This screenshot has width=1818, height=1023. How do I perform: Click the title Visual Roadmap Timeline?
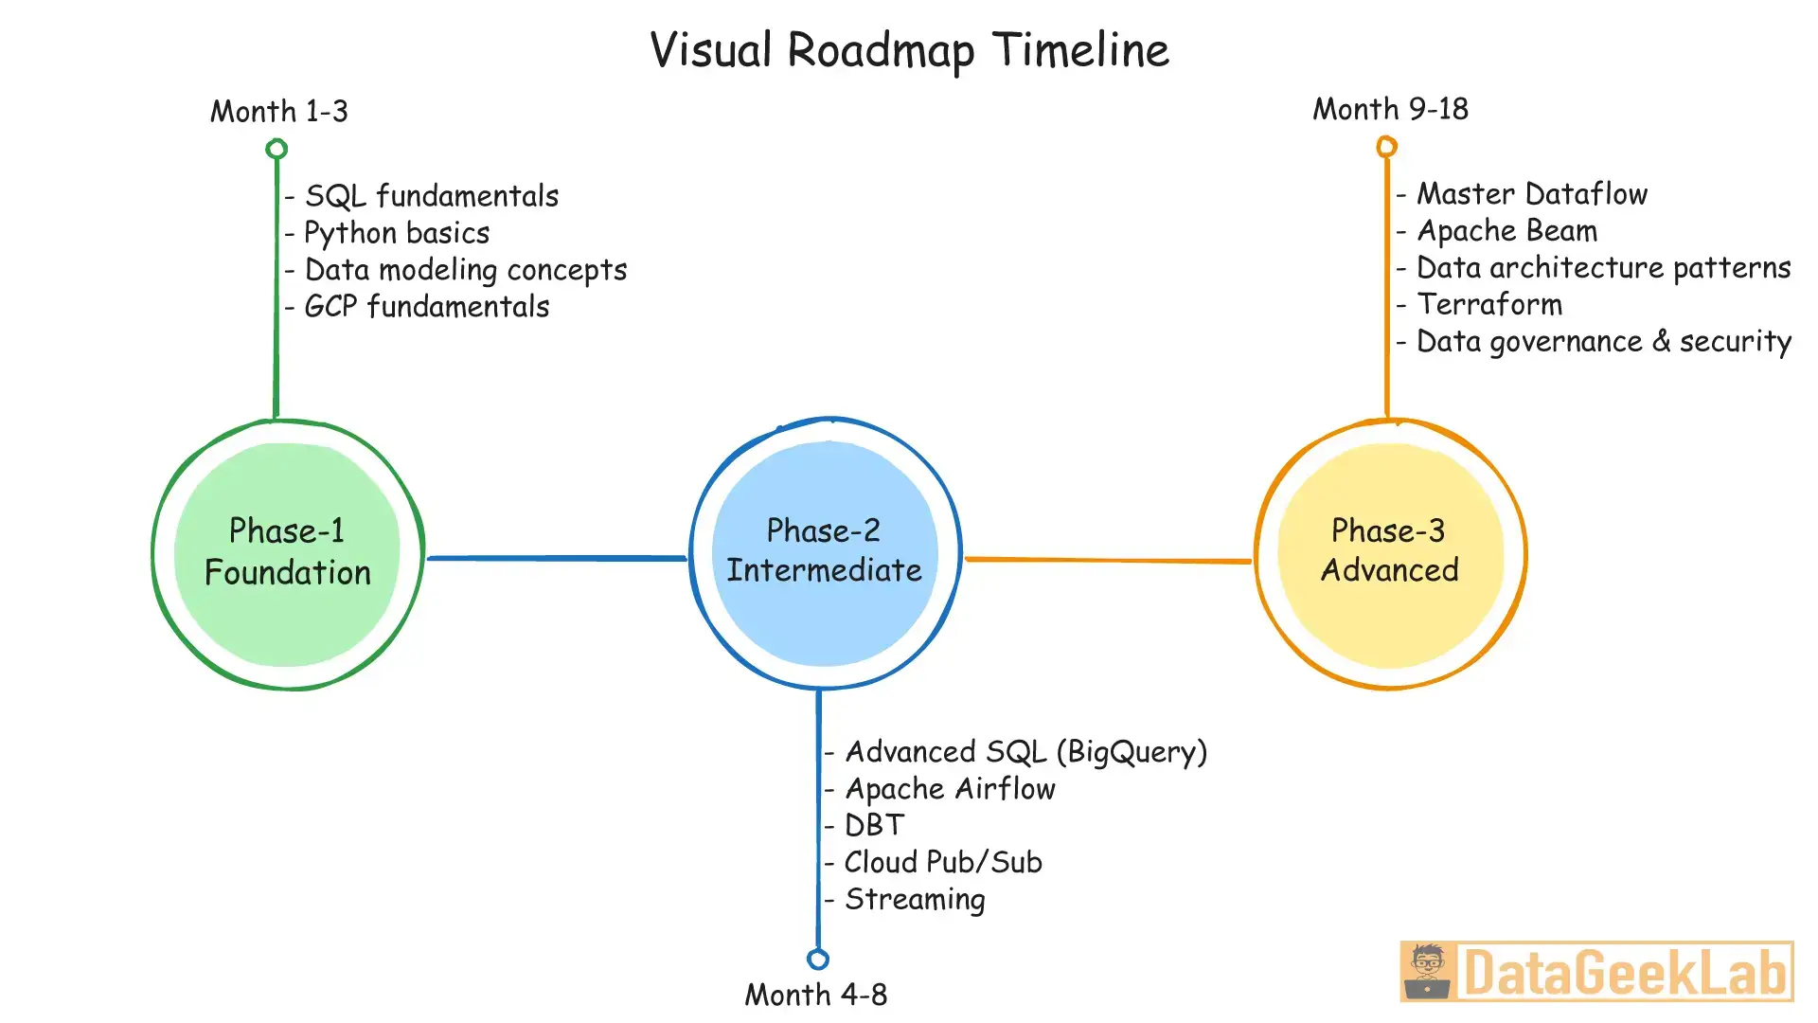909,50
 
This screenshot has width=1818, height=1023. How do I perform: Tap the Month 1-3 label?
279,112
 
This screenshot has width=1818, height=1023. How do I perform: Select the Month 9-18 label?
1390,110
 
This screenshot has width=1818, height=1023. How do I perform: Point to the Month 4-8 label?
815,995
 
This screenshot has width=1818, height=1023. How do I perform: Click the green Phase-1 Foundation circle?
287,554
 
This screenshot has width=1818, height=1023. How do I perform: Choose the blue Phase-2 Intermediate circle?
825,552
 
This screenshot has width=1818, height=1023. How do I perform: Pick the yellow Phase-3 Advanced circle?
1390,554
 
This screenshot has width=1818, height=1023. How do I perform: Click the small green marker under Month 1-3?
276,149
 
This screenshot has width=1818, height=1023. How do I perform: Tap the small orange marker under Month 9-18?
1386,147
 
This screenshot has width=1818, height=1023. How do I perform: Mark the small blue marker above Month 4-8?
818,960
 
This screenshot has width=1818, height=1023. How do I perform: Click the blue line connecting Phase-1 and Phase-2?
557,558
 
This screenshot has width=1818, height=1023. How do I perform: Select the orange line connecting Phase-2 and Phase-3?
1108,560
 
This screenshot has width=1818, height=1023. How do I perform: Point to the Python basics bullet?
397,233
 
